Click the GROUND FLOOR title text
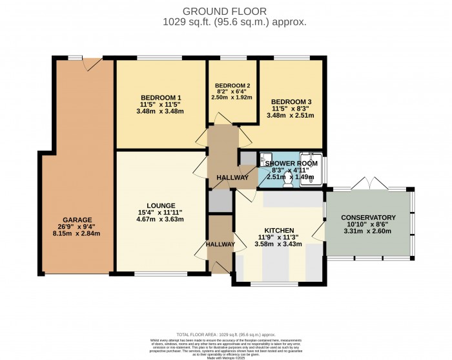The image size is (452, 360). [225, 11]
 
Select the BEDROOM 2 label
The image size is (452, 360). [232, 86]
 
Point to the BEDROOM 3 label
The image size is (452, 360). [291, 102]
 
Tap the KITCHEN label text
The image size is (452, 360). [279, 230]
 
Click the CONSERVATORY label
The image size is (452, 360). [368, 217]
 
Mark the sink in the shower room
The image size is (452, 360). [265, 157]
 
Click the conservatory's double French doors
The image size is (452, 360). [368, 187]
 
